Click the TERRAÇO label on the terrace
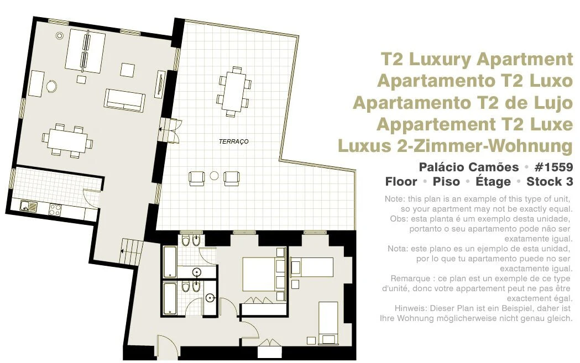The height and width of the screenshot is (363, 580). coord(233,141)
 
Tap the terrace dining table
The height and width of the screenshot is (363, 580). coord(234,91)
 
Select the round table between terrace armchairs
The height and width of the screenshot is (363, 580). coord(214,176)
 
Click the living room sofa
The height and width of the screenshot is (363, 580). coord(124,99)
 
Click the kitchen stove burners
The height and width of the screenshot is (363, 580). coord(55,210)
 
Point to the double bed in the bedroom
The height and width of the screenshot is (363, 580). coord(263,274)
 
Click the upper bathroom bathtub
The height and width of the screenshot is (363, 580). coord(170,262)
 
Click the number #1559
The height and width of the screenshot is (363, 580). coord(553,167)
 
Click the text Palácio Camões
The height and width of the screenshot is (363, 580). coord(469,167)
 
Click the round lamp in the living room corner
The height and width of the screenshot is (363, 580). coord(59,35)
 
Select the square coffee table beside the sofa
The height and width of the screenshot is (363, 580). coord(128,70)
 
